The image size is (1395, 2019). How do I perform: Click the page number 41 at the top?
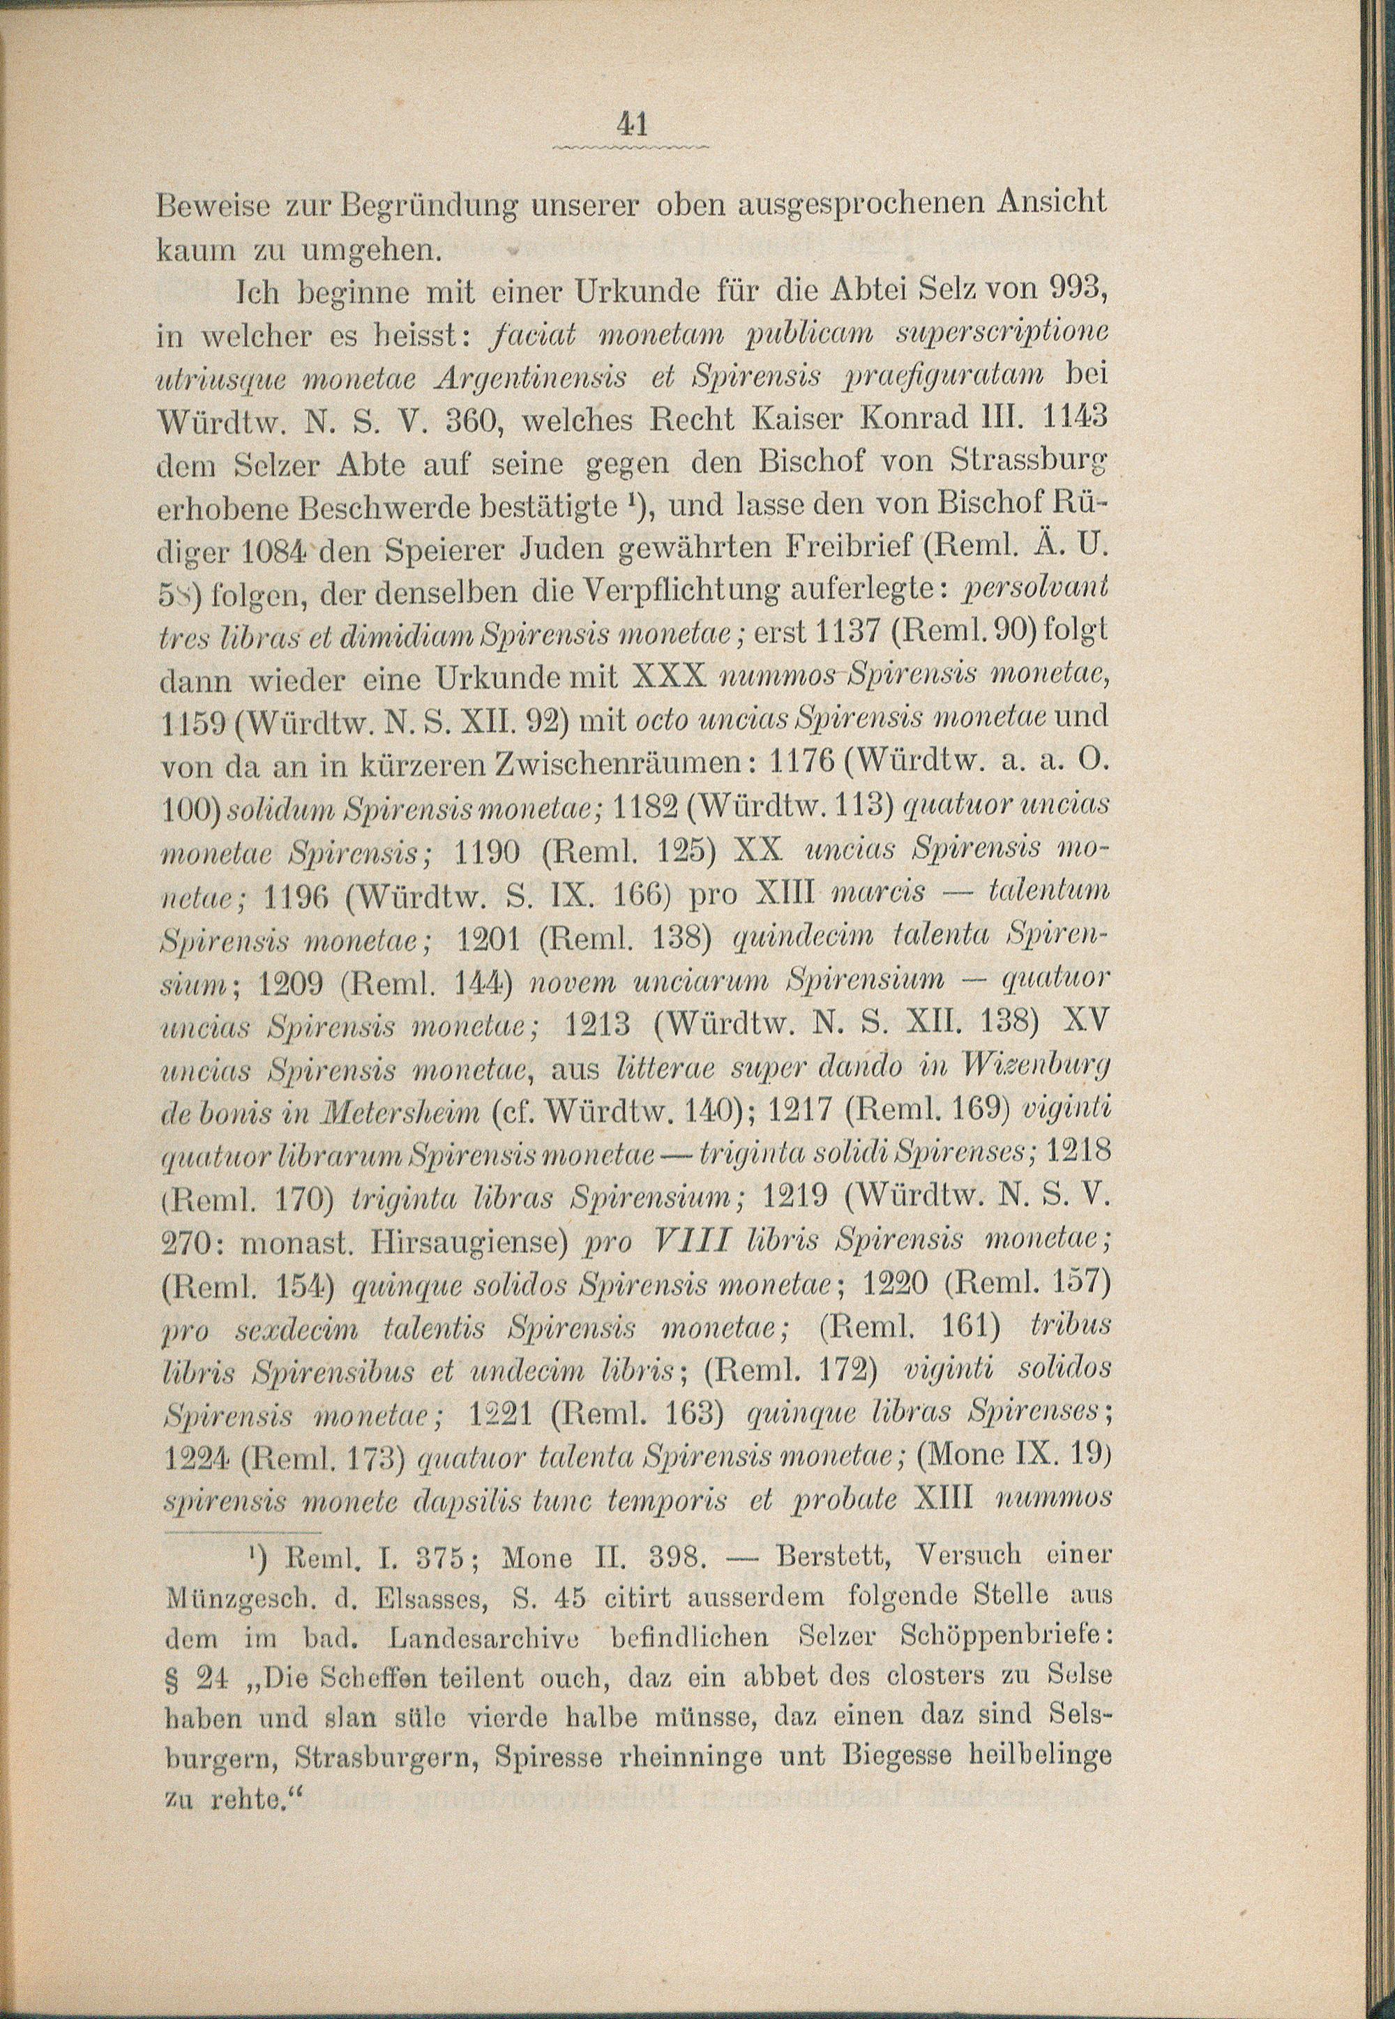pos(631,125)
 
